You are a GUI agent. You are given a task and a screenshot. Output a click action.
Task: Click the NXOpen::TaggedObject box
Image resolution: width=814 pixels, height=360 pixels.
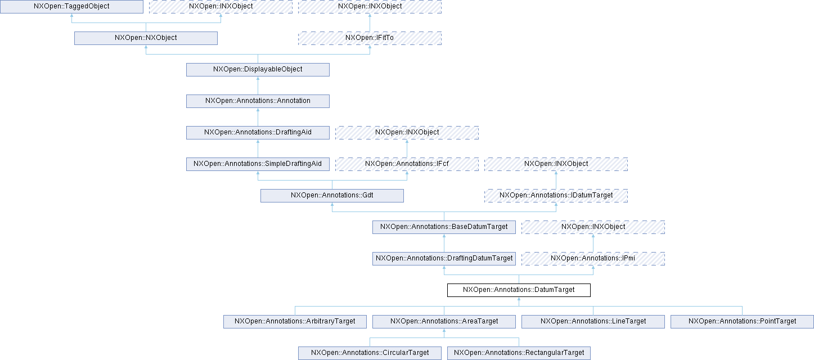(71, 7)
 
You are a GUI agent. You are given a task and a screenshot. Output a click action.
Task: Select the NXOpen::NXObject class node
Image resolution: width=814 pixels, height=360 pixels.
(146, 38)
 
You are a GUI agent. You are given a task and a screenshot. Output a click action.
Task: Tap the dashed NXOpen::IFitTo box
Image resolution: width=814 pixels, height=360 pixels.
(370, 38)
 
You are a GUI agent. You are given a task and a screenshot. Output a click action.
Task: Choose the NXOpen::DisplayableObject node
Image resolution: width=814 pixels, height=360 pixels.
(258, 70)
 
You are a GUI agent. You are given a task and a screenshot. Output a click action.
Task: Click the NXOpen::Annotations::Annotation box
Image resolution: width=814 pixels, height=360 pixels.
(258, 101)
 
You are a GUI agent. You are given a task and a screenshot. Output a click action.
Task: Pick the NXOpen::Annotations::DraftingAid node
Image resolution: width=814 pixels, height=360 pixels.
(258, 133)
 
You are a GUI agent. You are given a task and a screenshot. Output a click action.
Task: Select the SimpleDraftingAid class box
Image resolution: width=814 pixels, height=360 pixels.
(258, 164)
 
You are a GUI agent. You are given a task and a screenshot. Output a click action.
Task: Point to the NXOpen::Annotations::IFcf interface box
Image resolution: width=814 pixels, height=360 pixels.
(407, 164)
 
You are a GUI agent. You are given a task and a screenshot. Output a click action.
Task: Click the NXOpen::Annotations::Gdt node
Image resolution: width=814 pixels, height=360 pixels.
(332, 196)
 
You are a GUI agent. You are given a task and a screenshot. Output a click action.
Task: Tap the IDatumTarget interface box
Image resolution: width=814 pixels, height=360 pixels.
(556, 196)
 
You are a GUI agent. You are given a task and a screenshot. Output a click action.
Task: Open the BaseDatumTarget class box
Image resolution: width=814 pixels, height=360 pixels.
(444, 227)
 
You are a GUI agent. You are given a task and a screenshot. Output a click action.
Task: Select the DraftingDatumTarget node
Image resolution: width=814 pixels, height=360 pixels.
(444, 259)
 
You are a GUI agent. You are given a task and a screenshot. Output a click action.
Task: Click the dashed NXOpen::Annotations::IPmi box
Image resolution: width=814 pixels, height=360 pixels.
(593, 259)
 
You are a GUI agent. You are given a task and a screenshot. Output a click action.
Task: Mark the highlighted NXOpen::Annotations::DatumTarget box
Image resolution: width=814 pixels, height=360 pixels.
(519, 290)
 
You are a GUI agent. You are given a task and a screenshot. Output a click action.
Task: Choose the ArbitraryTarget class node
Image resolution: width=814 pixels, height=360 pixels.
(295, 322)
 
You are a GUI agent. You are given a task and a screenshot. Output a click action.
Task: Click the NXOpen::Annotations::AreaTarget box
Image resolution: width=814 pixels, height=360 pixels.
(444, 322)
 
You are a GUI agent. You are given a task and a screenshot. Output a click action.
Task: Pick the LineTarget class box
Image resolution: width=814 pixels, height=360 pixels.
(593, 322)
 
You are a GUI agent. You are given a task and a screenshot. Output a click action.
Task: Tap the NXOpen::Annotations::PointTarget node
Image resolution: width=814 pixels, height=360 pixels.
(742, 322)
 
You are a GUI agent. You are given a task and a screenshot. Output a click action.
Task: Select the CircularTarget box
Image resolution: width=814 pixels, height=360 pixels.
(370, 353)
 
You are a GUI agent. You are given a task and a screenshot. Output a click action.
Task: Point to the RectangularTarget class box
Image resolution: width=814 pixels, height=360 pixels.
(519, 353)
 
